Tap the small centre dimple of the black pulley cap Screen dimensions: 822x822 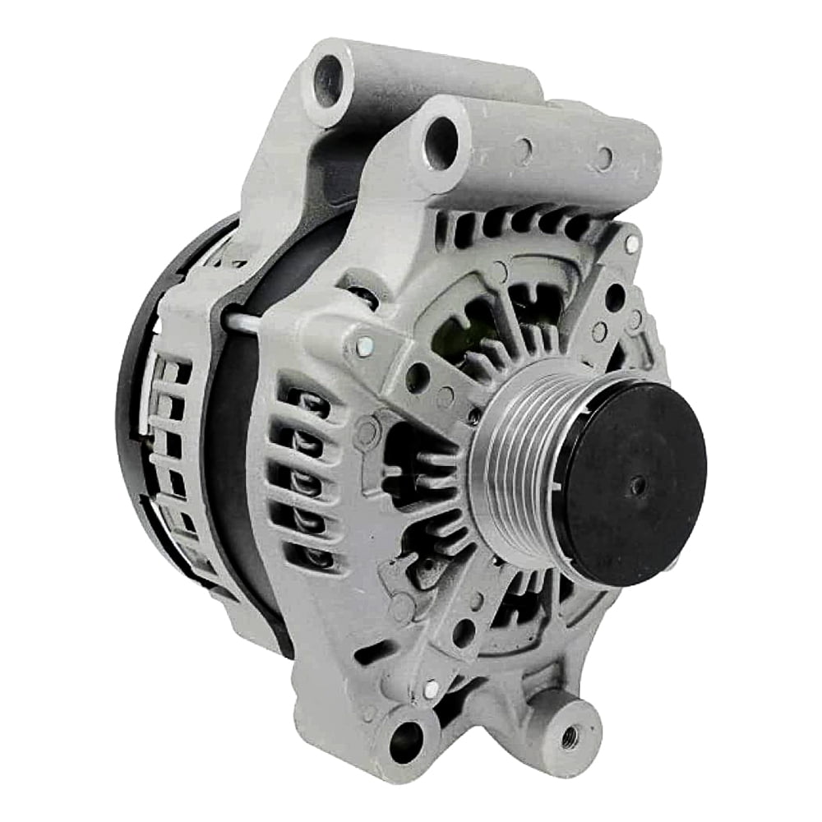pyautogui.click(x=635, y=485)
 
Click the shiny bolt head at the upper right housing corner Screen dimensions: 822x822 pyautogui.click(x=631, y=243)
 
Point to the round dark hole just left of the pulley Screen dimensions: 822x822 pyautogui.click(x=417, y=377)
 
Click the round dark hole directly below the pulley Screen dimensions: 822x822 pyautogui.click(x=464, y=633)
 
